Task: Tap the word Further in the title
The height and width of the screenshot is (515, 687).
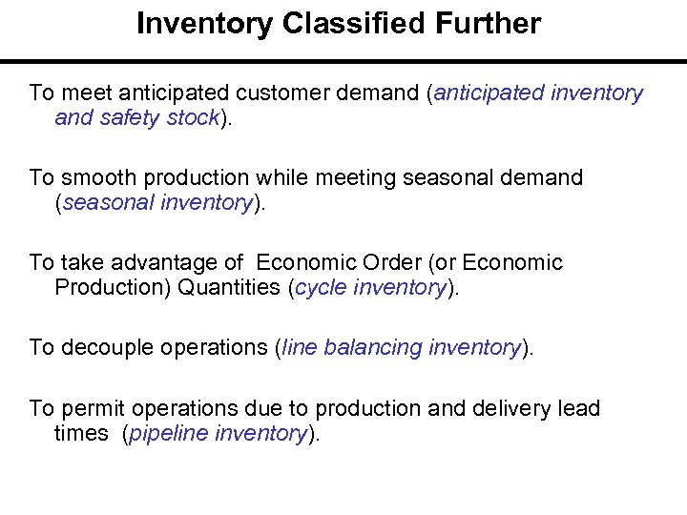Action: (489, 24)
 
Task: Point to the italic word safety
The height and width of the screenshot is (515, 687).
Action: (130, 118)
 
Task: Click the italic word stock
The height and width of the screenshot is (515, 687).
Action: (192, 118)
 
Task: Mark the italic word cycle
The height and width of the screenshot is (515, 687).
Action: (323, 288)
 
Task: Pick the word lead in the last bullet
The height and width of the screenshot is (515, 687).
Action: (580, 408)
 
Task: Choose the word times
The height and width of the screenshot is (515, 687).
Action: (82, 434)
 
